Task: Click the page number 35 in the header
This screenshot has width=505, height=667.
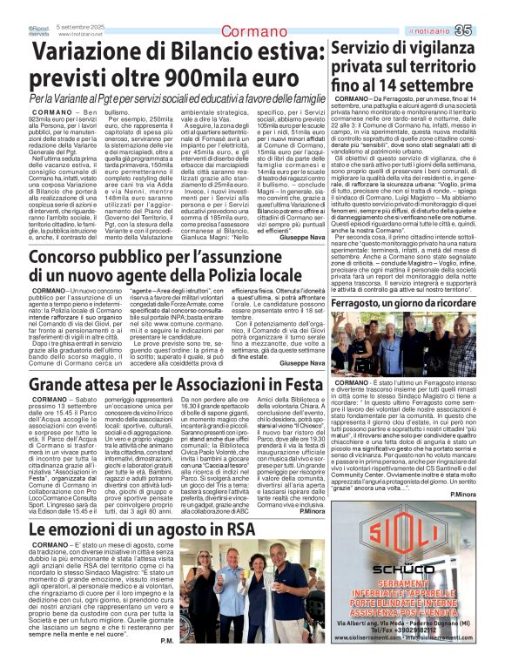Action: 487,31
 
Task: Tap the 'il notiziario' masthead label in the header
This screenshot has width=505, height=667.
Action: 438,32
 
